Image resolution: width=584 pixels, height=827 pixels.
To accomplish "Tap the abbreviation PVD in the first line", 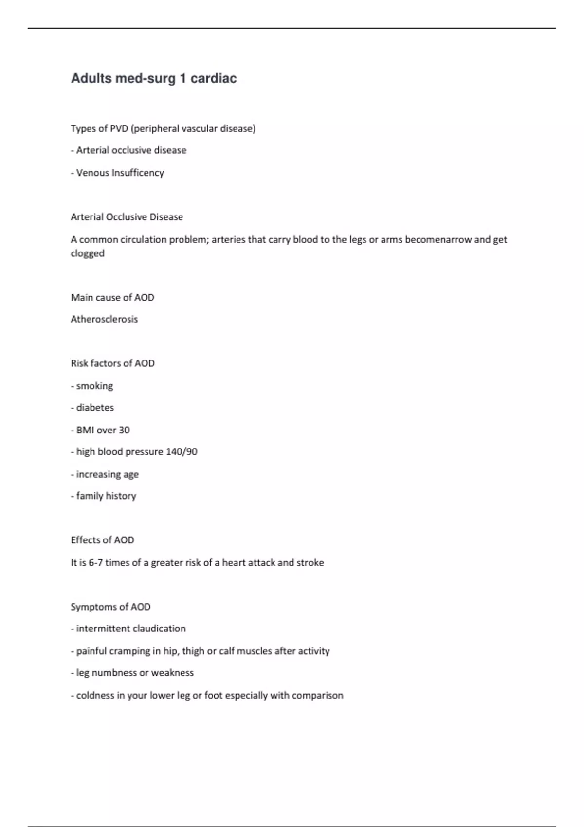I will coord(119,128).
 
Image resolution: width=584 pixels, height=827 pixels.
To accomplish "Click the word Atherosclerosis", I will coord(104,319).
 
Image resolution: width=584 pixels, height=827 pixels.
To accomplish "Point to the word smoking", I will coord(94,386).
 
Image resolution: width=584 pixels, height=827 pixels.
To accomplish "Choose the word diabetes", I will coord(95,408).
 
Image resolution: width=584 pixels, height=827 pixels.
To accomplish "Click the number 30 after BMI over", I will coord(124,430).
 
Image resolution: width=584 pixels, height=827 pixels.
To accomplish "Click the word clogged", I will coord(88,253).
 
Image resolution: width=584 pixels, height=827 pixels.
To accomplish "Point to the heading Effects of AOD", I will coord(102,540).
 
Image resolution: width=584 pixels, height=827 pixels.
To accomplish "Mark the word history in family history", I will coord(121,496).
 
